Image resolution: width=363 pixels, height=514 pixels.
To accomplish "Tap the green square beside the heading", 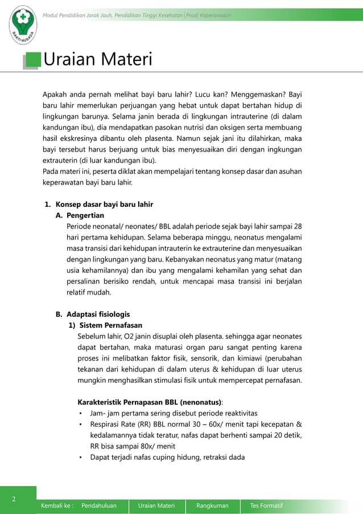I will [x=34, y=60].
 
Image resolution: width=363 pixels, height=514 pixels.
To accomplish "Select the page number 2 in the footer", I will [x=15, y=499].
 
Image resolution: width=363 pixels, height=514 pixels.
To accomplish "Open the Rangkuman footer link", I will [x=212, y=505].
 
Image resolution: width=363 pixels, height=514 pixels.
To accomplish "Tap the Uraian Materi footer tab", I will [x=157, y=505].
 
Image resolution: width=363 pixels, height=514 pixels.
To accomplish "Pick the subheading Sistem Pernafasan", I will [x=106, y=325].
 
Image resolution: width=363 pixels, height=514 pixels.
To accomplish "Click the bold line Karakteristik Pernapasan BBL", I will [x=150, y=402].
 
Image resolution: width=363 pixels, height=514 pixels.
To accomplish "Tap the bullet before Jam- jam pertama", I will [x=81, y=413].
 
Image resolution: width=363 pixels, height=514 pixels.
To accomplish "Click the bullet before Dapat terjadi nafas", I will [x=81, y=457].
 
